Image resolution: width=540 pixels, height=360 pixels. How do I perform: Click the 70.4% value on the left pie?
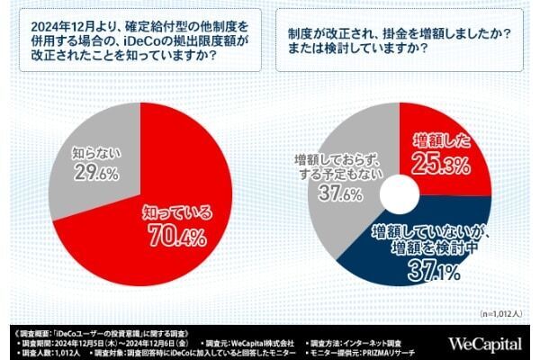coord(176,238)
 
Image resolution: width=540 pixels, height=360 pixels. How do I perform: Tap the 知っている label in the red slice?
coord(178,213)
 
